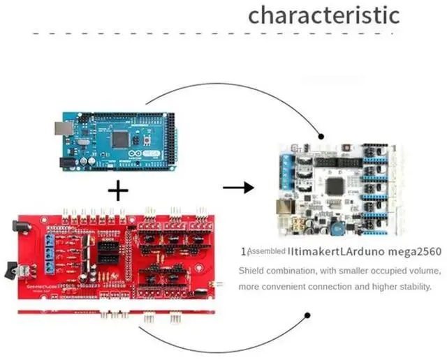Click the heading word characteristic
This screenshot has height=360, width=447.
(324, 15)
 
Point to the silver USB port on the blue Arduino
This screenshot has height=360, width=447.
(59, 128)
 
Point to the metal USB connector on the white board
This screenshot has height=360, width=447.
(284, 207)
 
